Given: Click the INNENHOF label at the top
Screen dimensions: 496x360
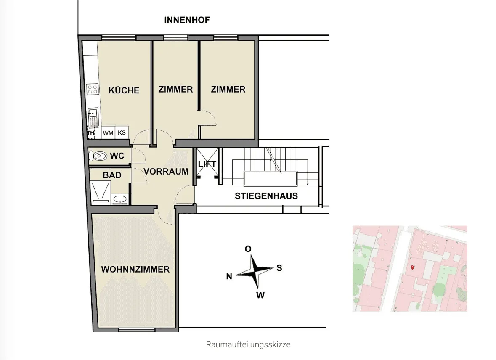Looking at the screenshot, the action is (187, 20).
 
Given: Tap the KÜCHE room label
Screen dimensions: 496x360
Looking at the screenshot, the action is (124, 90).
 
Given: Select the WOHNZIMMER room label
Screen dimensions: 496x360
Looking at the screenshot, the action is (135, 270).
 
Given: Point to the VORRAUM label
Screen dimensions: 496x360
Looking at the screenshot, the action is (166, 172).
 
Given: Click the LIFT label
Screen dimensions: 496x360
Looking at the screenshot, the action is (207, 164).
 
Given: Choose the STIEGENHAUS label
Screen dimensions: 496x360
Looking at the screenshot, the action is (266, 196).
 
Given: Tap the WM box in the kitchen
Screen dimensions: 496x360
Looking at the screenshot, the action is (108, 133).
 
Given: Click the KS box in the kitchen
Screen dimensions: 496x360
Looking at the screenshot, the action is (122, 132).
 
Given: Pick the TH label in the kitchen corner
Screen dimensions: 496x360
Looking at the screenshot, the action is (91, 133).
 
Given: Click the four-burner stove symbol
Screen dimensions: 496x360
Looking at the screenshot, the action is (93, 89).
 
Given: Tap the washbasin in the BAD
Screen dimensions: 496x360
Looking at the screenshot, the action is (120, 199).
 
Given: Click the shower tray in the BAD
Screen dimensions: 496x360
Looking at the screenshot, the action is (100, 192).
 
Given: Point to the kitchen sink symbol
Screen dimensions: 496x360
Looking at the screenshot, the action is (93, 117).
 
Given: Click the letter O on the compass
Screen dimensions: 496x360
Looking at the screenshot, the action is (248, 249).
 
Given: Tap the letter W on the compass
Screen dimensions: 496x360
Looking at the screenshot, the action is (260, 296).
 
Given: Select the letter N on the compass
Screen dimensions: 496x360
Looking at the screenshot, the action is (229, 276).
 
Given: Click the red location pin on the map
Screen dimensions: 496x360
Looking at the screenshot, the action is (412, 267).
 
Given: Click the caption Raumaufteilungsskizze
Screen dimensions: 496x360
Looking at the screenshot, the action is (248, 344).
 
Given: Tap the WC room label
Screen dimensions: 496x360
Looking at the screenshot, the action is (117, 156).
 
